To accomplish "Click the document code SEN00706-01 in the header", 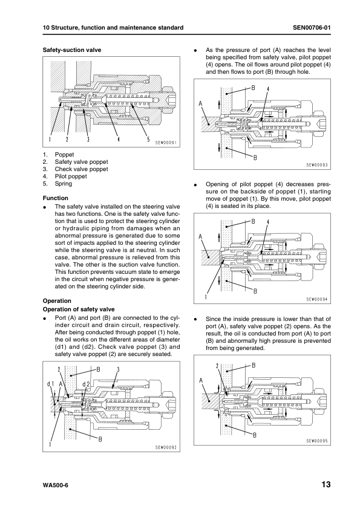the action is tap(312, 28).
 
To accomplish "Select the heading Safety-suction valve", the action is tap(72, 50).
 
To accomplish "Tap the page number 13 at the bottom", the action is tap(326, 485).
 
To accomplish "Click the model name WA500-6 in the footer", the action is tap(56, 485).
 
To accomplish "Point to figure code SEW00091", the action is tap(166, 142).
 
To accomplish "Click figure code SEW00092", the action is tap(166, 447).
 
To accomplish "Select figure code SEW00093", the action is tap(317, 165).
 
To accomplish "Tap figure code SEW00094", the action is tap(317, 299).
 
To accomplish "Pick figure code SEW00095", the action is tap(317, 441).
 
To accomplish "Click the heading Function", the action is tap(56, 198).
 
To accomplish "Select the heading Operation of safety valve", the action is tap(79, 310).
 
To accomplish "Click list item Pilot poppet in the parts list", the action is tap(71, 177).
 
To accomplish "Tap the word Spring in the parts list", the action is tap(64, 183).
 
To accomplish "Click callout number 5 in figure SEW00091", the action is tap(148, 139).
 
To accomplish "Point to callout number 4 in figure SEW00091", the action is tap(119, 139).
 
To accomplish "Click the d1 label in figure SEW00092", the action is tap(50, 384).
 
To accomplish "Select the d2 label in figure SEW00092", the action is tap(86, 384).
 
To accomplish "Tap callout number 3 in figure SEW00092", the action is tap(118, 369).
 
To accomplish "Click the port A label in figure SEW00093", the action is tap(200, 104).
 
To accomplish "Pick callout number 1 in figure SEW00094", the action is tap(206, 296).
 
